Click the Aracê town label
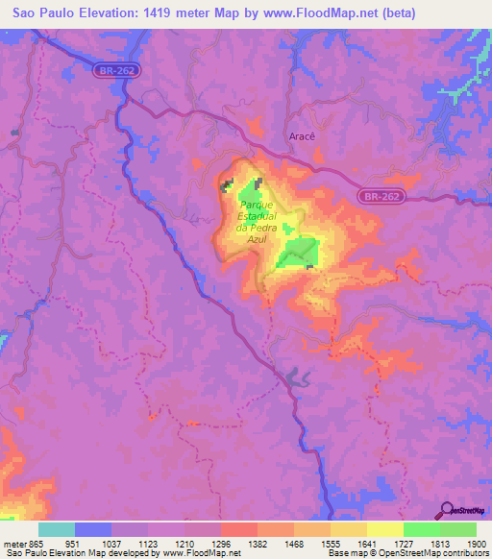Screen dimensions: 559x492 [x=303, y=136]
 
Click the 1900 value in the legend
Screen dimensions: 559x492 [x=476, y=542]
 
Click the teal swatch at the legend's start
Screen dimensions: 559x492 [x=57, y=529]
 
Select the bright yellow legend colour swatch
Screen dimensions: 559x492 [x=385, y=529]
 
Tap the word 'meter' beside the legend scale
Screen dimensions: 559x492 [x=14, y=542]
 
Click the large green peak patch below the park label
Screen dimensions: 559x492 [x=299, y=253]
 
